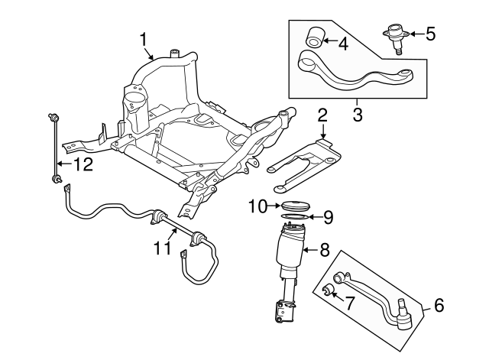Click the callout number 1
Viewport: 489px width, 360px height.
143,37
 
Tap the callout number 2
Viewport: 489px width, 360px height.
323,115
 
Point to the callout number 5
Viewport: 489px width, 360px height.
431,34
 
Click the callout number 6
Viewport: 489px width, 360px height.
438,304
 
